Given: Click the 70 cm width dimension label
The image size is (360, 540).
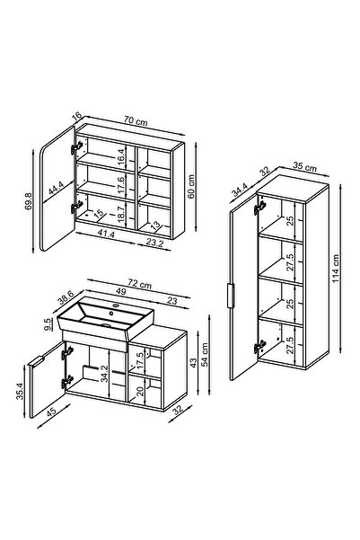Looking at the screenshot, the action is (136, 121).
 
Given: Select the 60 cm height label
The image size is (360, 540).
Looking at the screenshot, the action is (191, 186).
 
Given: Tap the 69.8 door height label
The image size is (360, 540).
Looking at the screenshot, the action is (29, 201).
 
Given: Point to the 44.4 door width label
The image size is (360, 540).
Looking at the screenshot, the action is (56, 188).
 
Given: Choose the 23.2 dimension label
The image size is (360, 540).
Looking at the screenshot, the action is (154, 243).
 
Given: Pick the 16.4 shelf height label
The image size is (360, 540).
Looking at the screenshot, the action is (120, 158).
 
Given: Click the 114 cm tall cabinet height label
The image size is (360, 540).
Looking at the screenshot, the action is (336, 269).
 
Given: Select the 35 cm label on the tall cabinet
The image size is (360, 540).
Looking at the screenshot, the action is (304, 167).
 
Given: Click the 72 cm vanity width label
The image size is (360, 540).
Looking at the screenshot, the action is (139, 284).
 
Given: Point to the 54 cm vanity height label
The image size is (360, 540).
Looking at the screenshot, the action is (205, 355).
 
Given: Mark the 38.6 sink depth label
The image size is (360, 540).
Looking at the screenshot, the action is (66, 297).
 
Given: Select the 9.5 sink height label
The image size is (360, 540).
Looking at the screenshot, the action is (48, 324).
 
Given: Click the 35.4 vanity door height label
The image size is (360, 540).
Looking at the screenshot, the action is (20, 392).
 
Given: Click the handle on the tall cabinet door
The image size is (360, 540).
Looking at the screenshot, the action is (231, 296).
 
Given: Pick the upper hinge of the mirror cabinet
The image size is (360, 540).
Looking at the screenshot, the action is (76, 147).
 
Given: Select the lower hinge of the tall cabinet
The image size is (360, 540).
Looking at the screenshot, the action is (260, 347).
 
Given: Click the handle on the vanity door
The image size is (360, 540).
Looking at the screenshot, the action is (36, 362).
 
